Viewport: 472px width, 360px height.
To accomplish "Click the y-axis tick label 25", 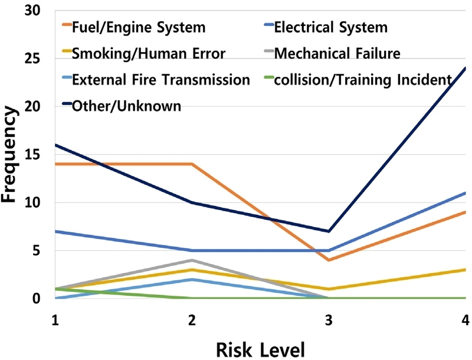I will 37,59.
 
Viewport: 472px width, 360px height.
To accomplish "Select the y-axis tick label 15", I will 37,155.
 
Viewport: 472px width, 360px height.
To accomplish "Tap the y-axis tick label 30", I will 37,11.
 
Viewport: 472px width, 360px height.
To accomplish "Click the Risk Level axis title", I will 260,348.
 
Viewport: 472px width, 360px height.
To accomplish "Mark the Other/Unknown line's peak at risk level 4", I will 465,68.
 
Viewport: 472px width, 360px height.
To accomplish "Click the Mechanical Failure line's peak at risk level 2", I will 192,260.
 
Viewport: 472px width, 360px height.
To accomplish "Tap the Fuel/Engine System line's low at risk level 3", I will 329,260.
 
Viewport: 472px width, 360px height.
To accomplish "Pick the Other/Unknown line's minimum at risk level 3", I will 329,231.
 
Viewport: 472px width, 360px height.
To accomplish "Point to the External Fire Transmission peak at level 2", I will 192,279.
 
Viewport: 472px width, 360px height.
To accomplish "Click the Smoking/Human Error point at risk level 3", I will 329,289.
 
